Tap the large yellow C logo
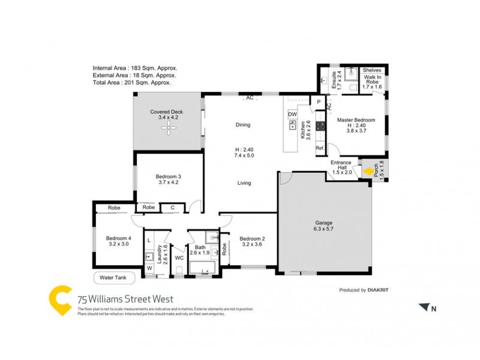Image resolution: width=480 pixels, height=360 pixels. [60, 299]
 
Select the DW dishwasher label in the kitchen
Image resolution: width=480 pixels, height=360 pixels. [292, 114]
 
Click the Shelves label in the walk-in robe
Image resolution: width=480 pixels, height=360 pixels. [372, 70]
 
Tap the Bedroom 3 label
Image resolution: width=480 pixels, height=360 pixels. [168, 176]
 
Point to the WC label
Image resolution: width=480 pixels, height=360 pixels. [179, 258]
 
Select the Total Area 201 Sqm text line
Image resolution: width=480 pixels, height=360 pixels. [131, 83]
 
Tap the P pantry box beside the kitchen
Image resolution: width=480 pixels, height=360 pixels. [319, 102]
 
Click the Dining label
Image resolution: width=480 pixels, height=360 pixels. [242, 125]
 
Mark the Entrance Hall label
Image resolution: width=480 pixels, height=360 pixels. [340, 166]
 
